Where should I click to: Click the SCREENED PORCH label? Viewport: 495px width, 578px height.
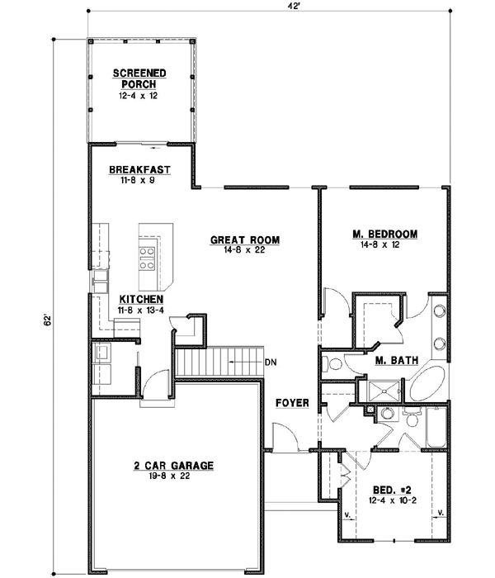coord(139,78)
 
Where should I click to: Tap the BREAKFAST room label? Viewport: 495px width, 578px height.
coord(139,170)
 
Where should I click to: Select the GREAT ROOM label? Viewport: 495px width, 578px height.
coord(245,240)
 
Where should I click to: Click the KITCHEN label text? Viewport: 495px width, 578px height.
coord(139,299)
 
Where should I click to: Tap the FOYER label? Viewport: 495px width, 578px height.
coord(292,403)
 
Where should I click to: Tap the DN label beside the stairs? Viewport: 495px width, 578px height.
coord(271,362)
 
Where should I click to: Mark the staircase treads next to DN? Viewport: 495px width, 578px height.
coord(219,362)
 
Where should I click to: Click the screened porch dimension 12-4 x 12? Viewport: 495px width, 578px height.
coord(139,95)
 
